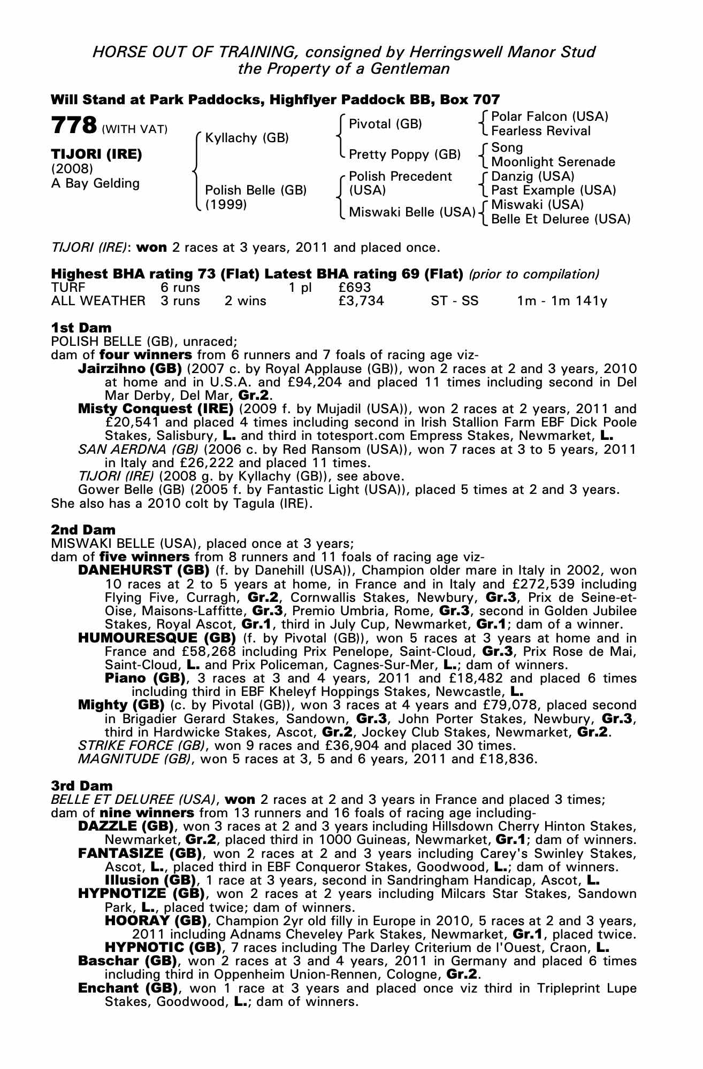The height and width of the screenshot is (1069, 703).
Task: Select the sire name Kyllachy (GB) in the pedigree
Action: click(x=247, y=138)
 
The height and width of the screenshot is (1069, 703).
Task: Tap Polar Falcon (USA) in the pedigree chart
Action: click(x=549, y=117)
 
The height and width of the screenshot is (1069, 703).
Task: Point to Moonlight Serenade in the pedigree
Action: click(x=553, y=161)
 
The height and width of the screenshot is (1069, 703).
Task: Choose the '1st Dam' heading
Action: click(x=81, y=327)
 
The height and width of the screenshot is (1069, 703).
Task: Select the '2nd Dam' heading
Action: click(x=83, y=530)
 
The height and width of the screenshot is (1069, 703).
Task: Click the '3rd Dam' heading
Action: click(x=82, y=786)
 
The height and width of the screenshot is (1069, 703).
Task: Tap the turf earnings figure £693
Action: click(x=355, y=288)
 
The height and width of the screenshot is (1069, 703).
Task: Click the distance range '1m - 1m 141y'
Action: click(x=562, y=301)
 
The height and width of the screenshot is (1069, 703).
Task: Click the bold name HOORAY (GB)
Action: click(x=156, y=921)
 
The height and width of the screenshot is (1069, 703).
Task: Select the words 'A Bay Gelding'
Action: click(x=95, y=183)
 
